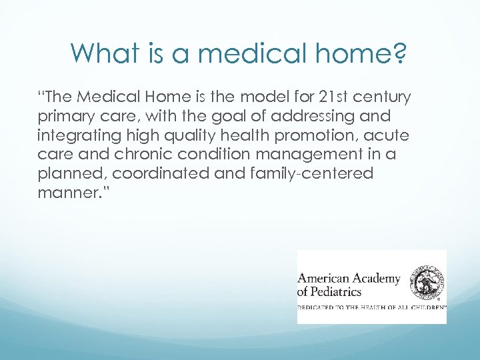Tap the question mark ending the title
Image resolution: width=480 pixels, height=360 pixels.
(399, 53)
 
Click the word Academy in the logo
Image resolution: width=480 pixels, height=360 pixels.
(376, 278)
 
